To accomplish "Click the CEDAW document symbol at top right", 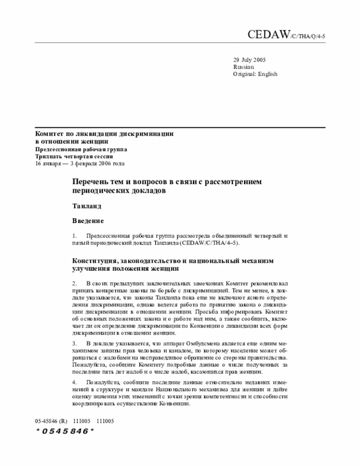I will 286,35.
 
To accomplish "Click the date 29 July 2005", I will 250,60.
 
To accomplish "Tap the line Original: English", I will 255,74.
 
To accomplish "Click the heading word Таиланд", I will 87,206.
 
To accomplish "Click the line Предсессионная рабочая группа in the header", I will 81,150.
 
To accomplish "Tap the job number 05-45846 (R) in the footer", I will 51,420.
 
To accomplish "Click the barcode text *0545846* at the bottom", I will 65,431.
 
